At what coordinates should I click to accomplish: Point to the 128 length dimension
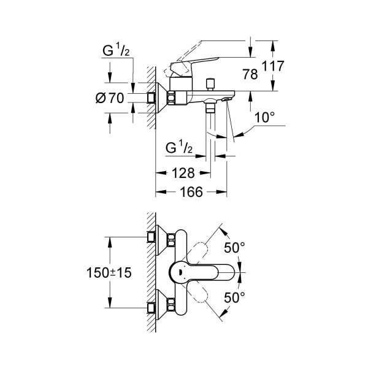coord(182,173)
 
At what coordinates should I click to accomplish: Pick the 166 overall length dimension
coord(191,192)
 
